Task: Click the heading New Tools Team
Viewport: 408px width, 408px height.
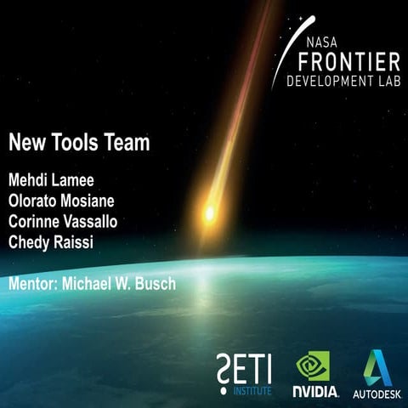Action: [x=79, y=144]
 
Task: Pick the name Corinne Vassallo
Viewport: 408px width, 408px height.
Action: [x=63, y=221]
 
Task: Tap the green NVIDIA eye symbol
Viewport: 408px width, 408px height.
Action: [x=313, y=367]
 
